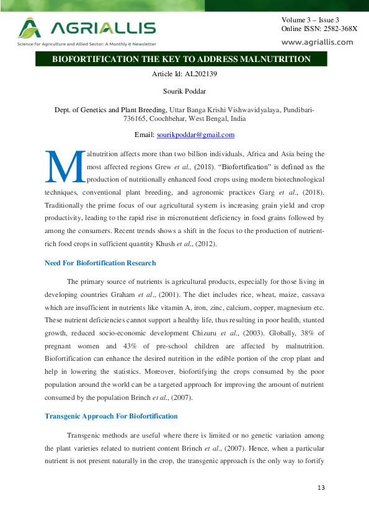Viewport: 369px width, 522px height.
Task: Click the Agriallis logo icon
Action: tap(30, 28)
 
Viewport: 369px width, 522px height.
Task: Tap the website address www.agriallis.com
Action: tap(317, 42)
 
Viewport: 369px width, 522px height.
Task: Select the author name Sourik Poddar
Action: tap(184, 91)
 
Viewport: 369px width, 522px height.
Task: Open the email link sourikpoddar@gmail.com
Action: tap(195, 135)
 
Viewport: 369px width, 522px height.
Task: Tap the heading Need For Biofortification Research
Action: tap(100, 263)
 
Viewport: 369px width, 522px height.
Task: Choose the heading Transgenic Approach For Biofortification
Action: tap(111, 415)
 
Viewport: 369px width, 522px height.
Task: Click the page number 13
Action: tap(321, 489)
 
